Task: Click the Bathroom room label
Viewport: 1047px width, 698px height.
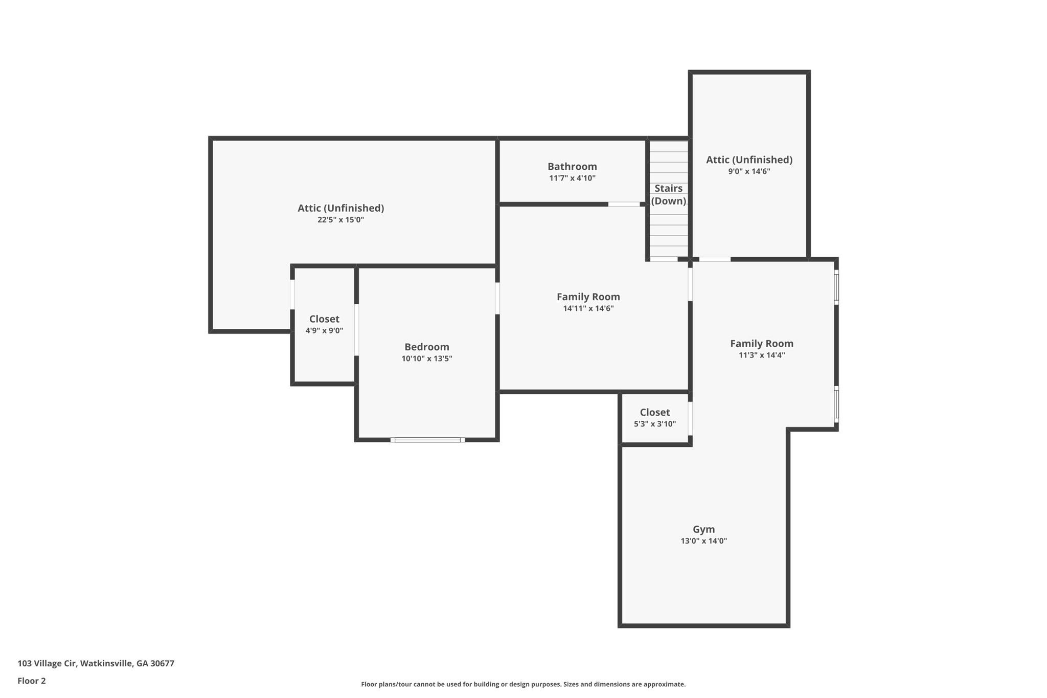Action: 572,166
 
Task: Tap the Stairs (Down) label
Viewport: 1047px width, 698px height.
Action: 668,195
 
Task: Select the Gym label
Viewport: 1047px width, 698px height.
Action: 703,529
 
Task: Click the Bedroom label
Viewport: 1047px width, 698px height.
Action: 426,347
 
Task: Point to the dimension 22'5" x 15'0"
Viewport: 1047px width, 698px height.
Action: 340,220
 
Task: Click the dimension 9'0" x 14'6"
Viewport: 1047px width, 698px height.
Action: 749,171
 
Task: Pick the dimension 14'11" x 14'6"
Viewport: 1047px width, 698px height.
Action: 588,308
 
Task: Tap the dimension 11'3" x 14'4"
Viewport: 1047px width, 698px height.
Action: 761,355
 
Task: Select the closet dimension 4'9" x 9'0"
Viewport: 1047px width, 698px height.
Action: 324,330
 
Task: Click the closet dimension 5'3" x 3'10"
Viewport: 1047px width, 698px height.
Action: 654,424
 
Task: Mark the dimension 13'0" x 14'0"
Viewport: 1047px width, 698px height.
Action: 703,541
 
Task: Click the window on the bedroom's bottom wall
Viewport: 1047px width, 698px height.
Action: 427,440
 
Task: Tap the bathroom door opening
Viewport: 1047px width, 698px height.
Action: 624,204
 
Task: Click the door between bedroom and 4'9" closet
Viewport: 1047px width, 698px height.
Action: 356,330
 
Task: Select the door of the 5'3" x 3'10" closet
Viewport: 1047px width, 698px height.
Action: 690,418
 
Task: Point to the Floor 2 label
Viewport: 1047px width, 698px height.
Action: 32,681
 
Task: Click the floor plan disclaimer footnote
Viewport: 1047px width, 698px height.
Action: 523,684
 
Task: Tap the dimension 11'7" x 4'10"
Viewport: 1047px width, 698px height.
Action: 572,178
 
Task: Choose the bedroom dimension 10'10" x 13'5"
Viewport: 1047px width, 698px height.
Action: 426,358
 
